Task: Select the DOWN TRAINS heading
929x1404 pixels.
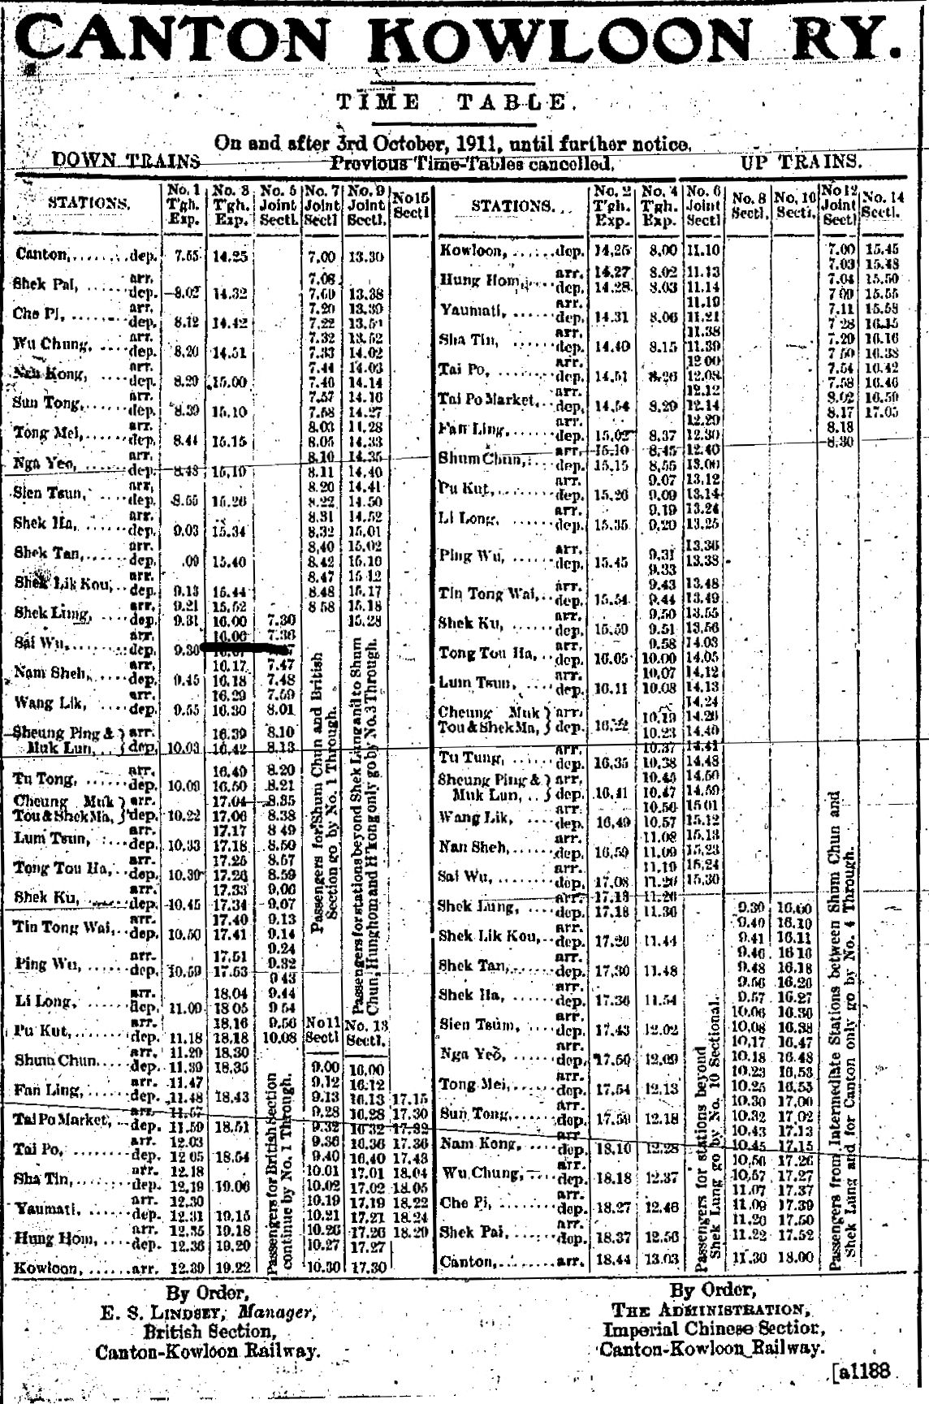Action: tap(126, 161)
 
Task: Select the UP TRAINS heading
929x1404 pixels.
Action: tap(800, 161)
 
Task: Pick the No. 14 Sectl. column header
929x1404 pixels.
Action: tap(884, 203)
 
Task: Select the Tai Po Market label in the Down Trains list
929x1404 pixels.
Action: tap(60, 1120)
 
